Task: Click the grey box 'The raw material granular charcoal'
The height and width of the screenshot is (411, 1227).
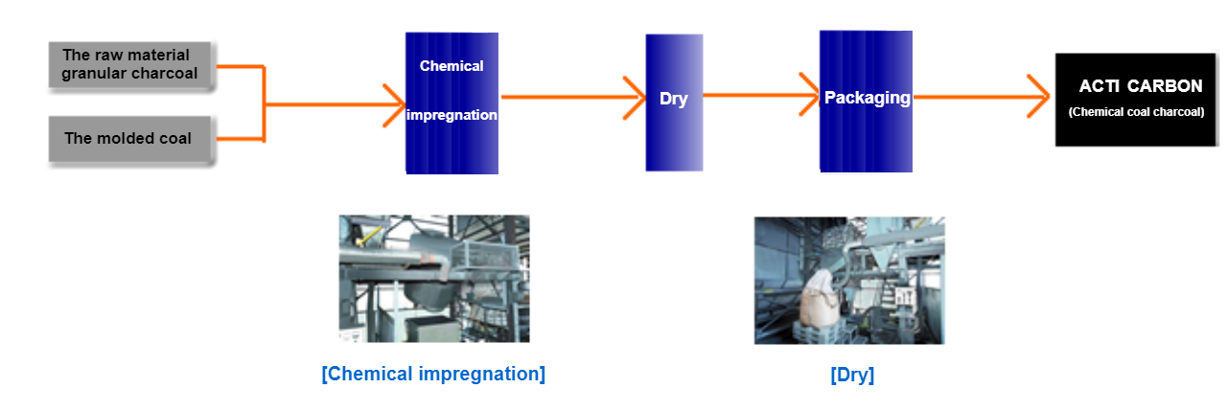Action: point(129,64)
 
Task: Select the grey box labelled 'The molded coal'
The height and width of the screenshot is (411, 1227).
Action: point(129,139)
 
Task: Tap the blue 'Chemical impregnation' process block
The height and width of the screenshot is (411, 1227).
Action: point(451,103)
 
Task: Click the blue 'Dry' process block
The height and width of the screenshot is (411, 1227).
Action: point(674,103)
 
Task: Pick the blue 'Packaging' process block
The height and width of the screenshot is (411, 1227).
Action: point(866,102)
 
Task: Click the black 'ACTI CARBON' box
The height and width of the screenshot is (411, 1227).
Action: point(1136,100)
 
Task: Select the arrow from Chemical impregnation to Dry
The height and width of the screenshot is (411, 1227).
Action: point(573,98)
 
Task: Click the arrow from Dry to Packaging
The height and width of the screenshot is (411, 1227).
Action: point(761,95)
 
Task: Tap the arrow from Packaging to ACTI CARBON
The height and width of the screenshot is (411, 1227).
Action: point(982,97)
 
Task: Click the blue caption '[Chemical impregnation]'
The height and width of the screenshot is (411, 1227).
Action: point(433,374)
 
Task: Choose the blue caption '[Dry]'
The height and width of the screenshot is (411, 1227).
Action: point(852,375)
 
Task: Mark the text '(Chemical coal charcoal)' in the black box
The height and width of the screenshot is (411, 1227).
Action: point(1136,112)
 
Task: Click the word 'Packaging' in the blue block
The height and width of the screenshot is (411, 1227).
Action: point(868,98)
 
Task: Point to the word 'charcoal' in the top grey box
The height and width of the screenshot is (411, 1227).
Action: point(164,74)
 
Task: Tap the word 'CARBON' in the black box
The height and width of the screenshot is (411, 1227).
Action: point(1165,86)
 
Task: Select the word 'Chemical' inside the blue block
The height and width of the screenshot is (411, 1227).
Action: point(451,66)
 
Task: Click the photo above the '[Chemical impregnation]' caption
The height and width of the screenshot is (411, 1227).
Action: point(434,279)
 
